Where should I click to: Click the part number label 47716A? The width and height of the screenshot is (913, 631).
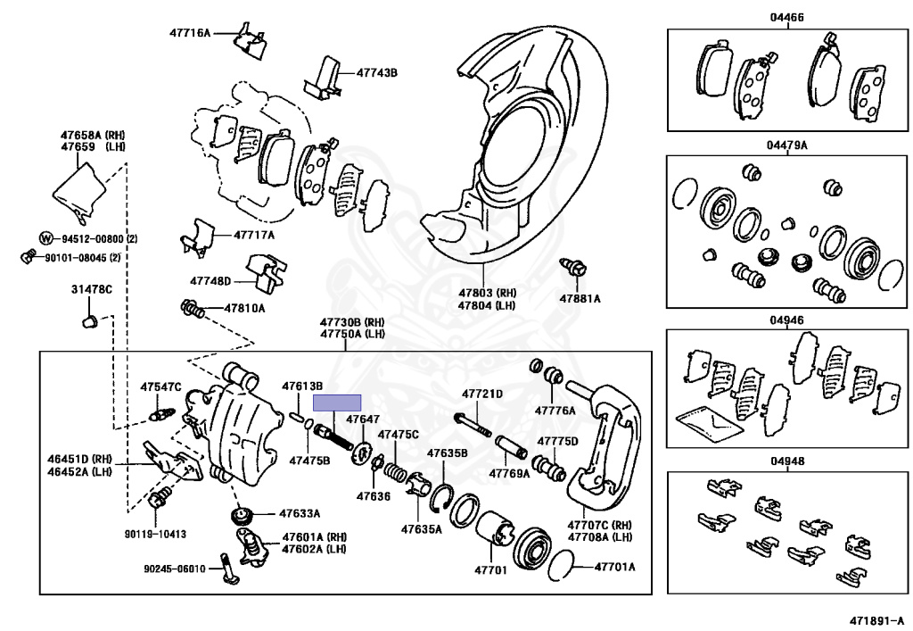(190, 33)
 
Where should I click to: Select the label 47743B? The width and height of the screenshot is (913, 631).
(377, 72)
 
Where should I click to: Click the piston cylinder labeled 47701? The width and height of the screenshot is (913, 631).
(492, 533)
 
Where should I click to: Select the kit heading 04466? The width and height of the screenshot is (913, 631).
(788, 17)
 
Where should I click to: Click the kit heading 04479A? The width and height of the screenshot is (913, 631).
(788, 145)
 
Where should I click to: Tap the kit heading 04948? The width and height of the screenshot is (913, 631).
(788, 461)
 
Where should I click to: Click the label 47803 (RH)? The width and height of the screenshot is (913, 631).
(488, 292)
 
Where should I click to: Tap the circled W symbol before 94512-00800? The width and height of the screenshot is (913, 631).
(46, 238)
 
